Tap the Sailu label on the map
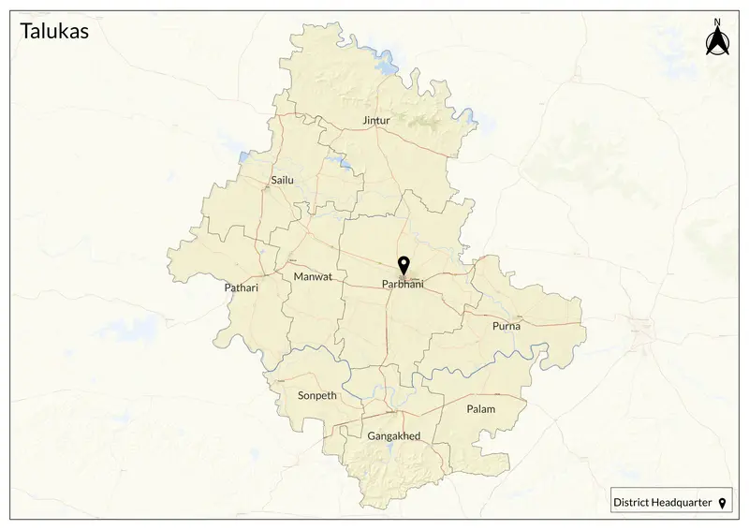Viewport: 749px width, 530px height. click(282, 179)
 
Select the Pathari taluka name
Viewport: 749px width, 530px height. click(241, 288)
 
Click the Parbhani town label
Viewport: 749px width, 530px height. click(403, 285)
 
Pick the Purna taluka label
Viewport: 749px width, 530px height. click(506, 326)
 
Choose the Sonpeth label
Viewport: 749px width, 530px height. click(316, 395)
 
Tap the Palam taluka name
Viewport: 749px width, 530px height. click(481, 409)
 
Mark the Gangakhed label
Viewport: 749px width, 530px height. click(394, 436)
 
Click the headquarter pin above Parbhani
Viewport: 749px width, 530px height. click(404, 265)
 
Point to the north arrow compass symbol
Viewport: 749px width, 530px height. click(717, 42)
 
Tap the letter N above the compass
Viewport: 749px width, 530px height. click(717, 21)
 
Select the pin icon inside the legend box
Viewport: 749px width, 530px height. click(722, 503)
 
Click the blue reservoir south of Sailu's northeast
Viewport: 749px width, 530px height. click(345, 167)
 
